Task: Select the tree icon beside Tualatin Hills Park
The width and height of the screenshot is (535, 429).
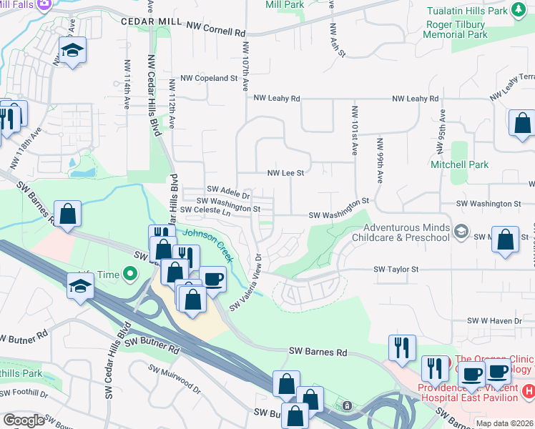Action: [519, 10]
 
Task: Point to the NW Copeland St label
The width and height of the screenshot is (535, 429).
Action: [209, 78]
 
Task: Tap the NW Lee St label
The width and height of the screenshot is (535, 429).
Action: [285, 173]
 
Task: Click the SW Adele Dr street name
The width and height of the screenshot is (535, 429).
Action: [228, 192]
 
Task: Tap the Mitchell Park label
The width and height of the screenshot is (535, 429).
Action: [459, 164]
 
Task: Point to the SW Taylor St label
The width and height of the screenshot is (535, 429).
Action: [396, 270]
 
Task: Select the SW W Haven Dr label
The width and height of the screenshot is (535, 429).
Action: [494, 321]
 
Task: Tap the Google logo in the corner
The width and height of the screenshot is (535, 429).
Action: [24, 420]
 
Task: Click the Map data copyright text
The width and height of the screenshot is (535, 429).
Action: [504, 423]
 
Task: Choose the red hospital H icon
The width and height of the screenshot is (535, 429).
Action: [528, 391]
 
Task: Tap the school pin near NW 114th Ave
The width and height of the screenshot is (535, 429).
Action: [72, 51]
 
